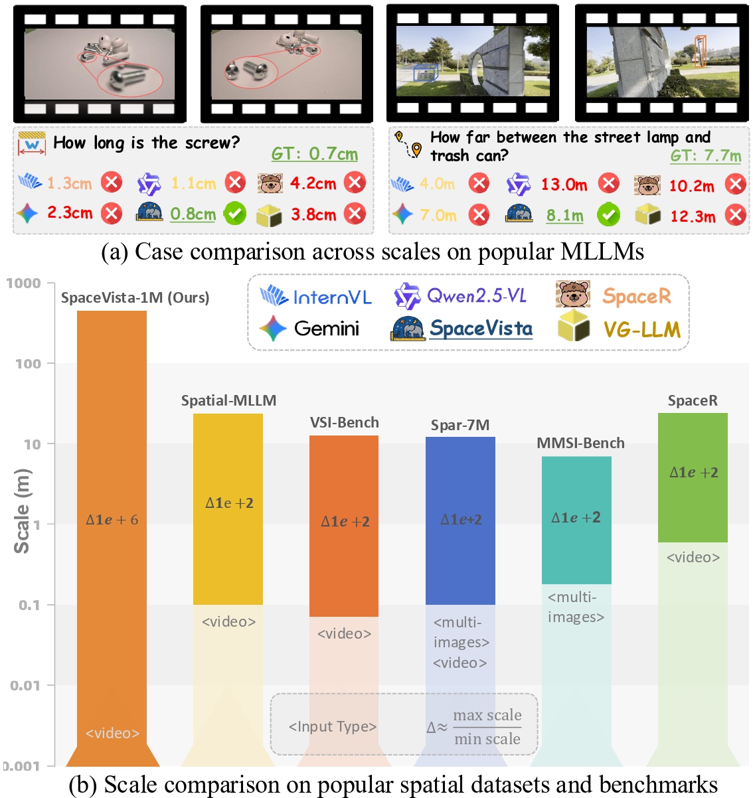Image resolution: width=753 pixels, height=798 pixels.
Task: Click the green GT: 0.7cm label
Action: pyautogui.click(x=314, y=154)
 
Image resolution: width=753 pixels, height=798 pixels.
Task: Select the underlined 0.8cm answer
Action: pyautogui.click(x=193, y=214)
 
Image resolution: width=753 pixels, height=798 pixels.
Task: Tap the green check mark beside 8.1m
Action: pyautogui.click(x=608, y=214)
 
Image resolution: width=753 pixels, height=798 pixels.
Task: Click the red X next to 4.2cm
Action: pyautogui.click(x=355, y=183)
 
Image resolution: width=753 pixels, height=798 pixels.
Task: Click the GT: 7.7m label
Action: pyautogui.click(x=705, y=156)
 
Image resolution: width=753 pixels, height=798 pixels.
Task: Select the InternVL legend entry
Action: pyautogui.click(x=316, y=297)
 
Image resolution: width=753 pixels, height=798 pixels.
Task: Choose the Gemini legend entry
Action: pyautogui.click(x=309, y=328)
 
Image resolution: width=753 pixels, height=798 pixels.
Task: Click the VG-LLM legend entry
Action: pyautogui.click(x=620, y=329)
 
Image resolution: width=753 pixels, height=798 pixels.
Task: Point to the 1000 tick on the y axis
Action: pyautogui.click(x=24, y=283)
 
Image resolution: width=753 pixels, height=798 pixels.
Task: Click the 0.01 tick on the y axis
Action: pyautogui.click(x=25, y=685)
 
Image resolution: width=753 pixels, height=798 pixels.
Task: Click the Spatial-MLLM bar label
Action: pyautogui.click(x=228, y=400)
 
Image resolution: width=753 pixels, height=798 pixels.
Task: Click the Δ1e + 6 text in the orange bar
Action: pyautogui.click(x=112, y=520)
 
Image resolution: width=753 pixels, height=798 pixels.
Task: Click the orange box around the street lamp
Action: pyautogui.click(x=699, y=52)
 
